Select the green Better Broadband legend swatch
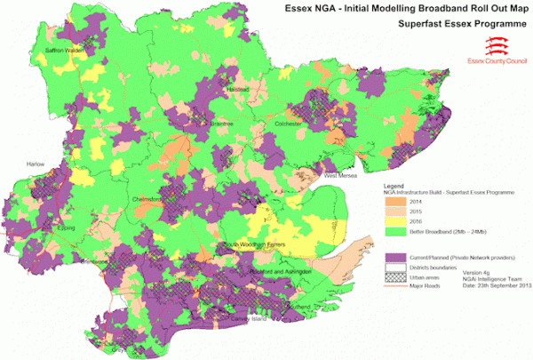pos(394,233)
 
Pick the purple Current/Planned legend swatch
pos(394,256)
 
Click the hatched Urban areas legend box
pos(394,276)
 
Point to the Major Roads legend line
pos(394,286)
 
